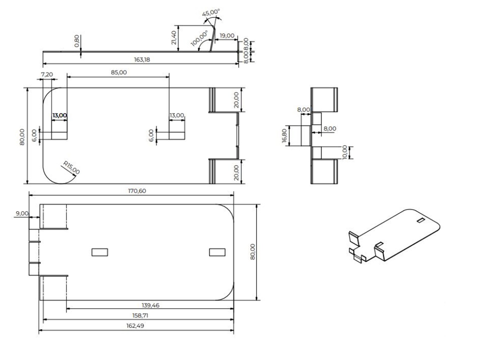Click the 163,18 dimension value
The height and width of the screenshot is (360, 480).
[x=142, y=59]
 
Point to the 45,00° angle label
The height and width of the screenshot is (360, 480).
[x=211, y=13]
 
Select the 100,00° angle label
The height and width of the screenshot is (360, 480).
[x=200, y=38]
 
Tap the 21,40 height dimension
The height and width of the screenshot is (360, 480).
[x=174, y=38]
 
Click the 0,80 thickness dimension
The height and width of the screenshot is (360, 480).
[x=77, y=41]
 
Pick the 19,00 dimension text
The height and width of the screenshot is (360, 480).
[x=227, y=36]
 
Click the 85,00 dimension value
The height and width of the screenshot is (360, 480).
[x=119, y=73]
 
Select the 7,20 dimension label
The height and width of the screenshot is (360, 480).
[x=47, y=74]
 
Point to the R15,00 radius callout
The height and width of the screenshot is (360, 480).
[x=72, y=168]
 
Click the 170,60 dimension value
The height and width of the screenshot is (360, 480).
[x=137, y=191]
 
